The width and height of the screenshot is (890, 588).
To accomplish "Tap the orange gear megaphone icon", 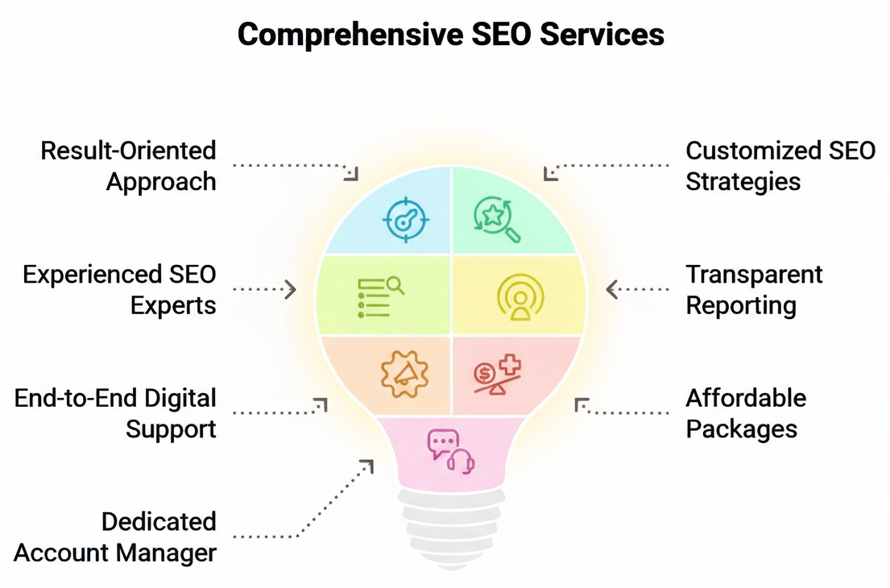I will click(x=404, y=373).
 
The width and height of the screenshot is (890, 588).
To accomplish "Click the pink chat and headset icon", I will click(x=451, y=450).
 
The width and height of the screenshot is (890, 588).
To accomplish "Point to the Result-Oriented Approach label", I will click(x=129, y=166).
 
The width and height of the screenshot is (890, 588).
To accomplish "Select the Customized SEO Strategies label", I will click(x=780, y=166).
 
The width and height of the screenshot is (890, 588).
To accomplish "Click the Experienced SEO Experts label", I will click(x=119, y=290).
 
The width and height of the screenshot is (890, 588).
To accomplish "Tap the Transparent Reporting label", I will click(x=754, y=290).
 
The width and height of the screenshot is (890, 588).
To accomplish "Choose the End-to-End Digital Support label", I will click(x=115, y=412).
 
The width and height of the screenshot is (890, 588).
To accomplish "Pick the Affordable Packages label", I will click(x=745, y=412).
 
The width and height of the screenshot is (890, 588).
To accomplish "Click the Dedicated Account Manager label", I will click(x=115, y=537).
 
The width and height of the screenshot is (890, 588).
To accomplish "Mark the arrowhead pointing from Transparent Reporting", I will click(x=611, y=289).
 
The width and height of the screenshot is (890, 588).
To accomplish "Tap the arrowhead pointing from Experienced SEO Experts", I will click(x=291, y=289).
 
